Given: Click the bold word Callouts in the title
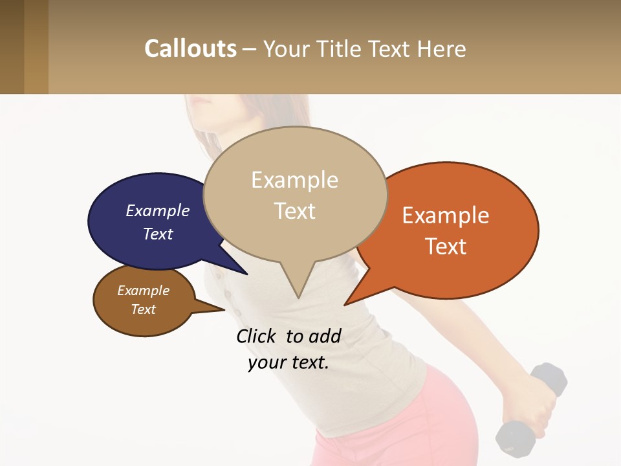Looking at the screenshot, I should click(x=190, y=49).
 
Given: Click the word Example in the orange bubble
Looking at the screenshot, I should click(x=446, y=216).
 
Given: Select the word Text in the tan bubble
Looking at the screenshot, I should click(x=295, y=211).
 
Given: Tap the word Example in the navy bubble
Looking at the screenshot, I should click(x=158, y=210).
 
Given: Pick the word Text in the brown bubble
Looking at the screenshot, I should click(x=144, y=309).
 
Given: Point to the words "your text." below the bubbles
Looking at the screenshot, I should click(x=289, y=362).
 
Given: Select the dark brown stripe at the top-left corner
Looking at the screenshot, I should click(x=12, y=47).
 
